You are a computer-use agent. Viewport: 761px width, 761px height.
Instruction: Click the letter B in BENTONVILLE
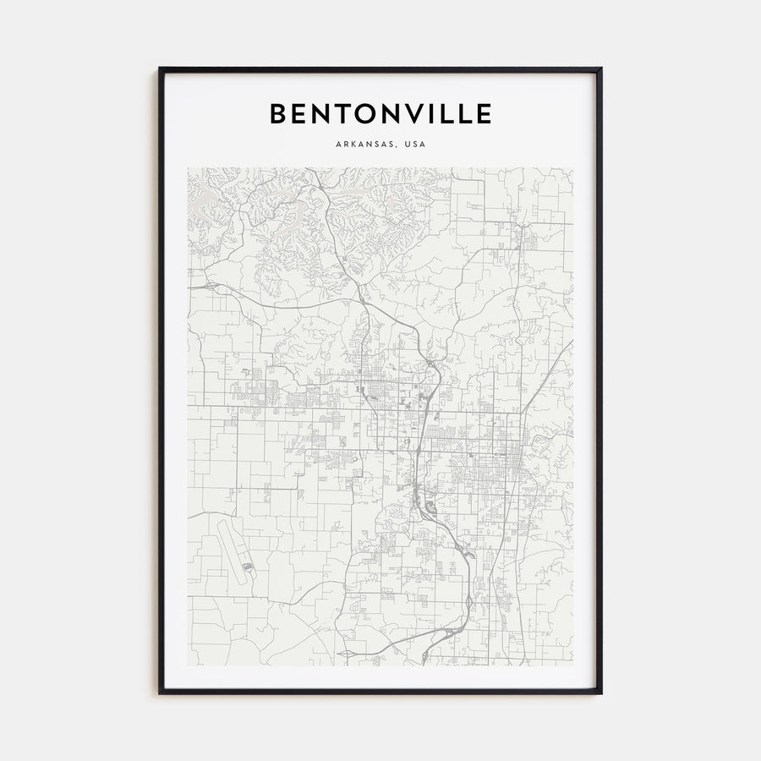(x=278, y=113)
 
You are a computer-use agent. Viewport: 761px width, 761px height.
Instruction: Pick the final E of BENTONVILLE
(x=484, y=113)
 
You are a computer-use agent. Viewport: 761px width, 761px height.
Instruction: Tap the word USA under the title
(x=415, y=145)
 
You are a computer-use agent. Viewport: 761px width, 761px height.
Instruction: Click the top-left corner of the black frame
(x=161, y=69)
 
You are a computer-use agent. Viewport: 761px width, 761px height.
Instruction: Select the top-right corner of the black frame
(x=600, y=69)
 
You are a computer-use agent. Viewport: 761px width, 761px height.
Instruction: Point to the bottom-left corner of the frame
(x=161, y=693)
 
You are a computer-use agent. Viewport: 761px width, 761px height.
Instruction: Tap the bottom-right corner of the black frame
(x=600, y=693)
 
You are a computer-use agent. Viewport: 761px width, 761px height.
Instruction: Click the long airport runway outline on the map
(x=229, y=550)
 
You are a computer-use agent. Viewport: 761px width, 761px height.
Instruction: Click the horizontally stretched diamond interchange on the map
(x=348, y=653)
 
